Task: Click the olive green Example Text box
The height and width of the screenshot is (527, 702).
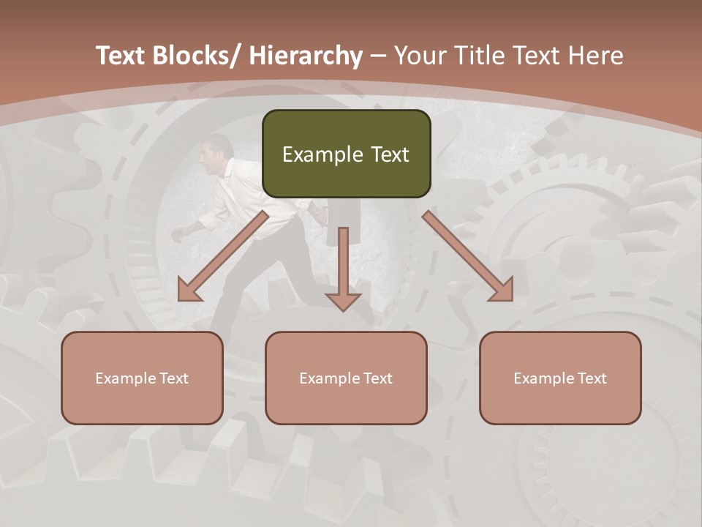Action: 346,154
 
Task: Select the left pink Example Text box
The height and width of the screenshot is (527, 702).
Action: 142,378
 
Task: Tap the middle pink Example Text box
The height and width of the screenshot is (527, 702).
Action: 346,378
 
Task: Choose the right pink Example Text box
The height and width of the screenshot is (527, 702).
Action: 560,378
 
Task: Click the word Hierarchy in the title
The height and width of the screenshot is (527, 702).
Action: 306,56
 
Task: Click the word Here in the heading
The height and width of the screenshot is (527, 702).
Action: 597,56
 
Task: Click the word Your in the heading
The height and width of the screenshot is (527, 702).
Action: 419,56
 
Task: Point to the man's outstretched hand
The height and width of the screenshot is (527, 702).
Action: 176,234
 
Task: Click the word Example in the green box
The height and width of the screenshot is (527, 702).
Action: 313,154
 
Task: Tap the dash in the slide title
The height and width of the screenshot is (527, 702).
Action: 378,56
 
